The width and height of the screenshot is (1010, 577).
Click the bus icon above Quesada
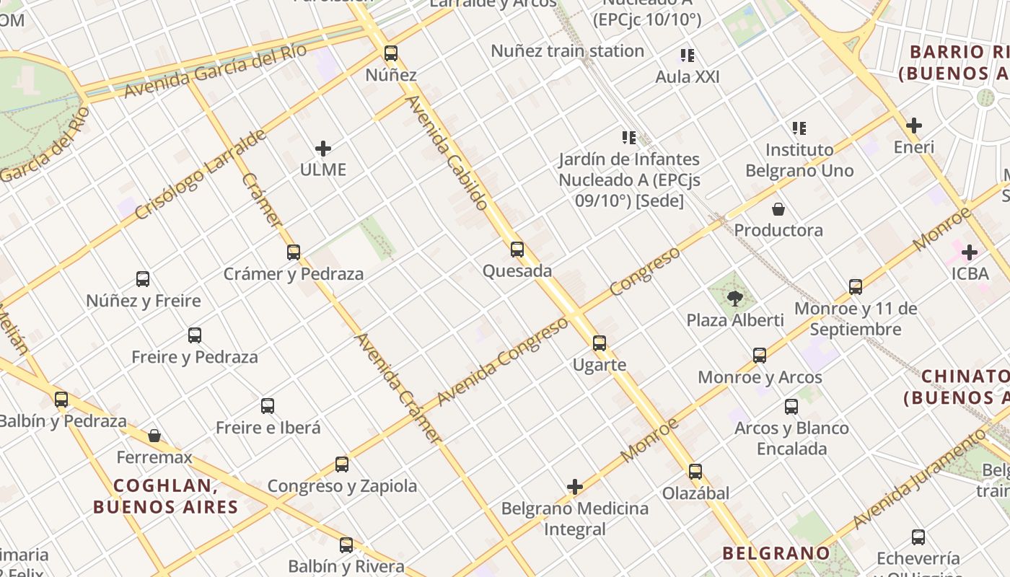point(517,250)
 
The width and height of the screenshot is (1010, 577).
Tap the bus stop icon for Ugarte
point(600,343)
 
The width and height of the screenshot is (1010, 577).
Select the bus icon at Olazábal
point(695,472)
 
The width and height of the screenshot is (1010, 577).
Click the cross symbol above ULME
point(323,149)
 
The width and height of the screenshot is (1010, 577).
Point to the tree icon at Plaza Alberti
point(735,298)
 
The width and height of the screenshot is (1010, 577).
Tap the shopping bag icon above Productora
point(778,209)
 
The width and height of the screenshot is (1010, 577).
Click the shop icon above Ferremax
point(154,436)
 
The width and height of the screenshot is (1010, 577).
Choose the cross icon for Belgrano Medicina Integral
point(575,487)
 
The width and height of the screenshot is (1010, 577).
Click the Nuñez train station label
point(567,51)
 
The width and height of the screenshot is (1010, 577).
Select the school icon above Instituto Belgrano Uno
point(799,128)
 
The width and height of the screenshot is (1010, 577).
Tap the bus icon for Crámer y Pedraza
point(294,252)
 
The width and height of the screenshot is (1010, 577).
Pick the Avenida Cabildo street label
point(448,153)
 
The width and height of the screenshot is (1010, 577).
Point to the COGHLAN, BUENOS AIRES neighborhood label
point(165,495)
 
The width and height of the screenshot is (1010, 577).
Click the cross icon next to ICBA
point(970,252)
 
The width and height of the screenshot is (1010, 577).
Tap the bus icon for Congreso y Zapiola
point(342,464)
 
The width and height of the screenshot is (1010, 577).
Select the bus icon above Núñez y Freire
point(143,279)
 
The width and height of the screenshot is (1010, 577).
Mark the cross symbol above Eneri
point(914,125)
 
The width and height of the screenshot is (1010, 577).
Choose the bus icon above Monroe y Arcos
point(760,356)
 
